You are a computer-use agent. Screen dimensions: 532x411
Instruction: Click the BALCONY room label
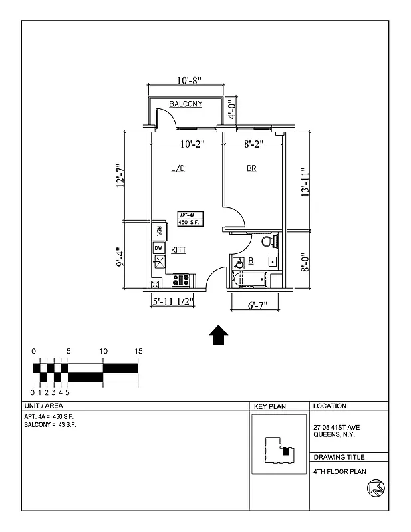click(x=186, y=104)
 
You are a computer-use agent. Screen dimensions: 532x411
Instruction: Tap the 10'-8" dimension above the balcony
click(x=189, y=80)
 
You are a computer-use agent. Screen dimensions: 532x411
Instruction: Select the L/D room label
click(x=178, y=169)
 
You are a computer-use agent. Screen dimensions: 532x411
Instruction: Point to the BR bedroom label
click(x=251, y=169)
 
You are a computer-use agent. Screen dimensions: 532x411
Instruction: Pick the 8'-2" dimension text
click(x=255, y=143)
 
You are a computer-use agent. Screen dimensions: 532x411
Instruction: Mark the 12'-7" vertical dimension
click(x=120, y=176)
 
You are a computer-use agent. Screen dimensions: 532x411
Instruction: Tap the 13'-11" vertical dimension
click(x=305, y=182)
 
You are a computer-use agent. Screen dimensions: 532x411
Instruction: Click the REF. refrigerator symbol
click(x=159, y=231)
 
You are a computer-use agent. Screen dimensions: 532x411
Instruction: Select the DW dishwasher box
click(x=158, y=248)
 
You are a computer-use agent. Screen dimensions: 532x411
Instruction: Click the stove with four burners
click(x=181, y=280)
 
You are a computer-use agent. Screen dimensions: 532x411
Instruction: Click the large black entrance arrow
click(x=219, y=335)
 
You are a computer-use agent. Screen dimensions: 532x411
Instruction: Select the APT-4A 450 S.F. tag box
click(x=190, y=219)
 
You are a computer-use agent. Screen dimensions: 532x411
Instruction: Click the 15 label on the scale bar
click(x=138, y=351)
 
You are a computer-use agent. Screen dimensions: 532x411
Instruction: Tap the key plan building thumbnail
click(x=279, y=450)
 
